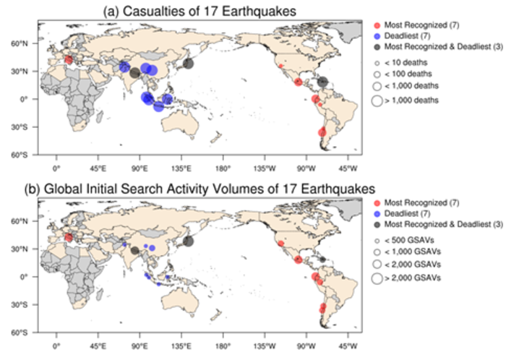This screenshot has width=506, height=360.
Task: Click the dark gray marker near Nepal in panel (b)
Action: click(134, 250)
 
